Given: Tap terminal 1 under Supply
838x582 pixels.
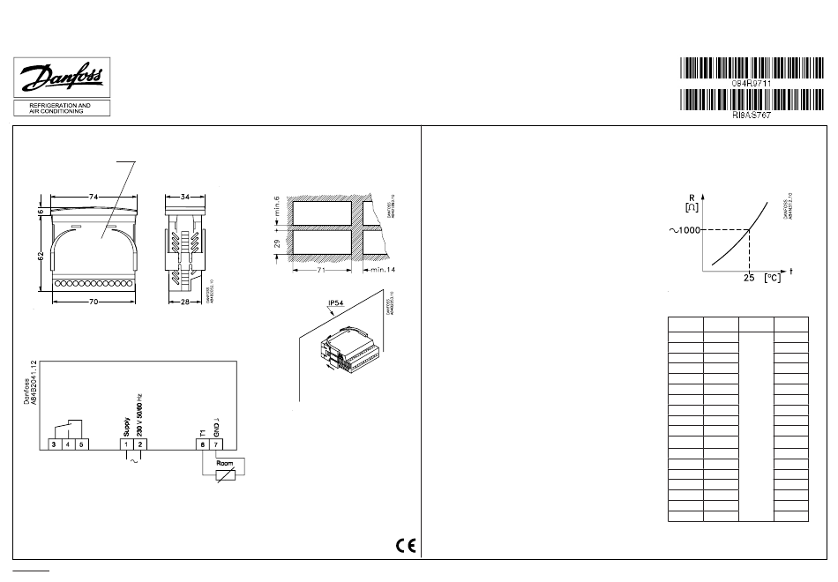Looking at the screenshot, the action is coord(127,444).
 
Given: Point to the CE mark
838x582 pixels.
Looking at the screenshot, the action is coord(407,544).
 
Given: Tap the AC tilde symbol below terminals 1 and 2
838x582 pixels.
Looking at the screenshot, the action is coord(134,461).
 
